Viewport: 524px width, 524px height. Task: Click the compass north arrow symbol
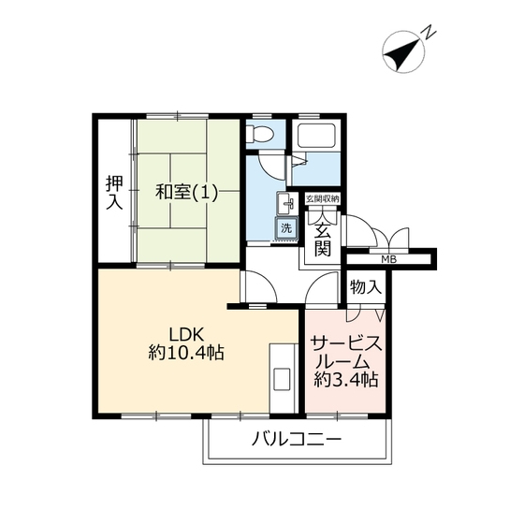403,51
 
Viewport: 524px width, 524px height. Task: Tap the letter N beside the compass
429,33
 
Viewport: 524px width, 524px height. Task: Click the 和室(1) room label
186,193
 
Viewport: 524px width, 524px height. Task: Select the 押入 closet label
114,193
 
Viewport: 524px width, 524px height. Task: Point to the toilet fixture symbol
261,134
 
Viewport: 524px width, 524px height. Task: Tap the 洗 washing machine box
286,228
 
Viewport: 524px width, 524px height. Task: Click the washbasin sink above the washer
286,204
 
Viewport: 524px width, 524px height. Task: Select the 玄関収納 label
323,199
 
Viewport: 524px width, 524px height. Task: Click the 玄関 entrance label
323,239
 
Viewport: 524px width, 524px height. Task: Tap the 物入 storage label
366,286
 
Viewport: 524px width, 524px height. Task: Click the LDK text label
186,333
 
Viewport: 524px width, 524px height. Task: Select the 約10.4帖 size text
186,353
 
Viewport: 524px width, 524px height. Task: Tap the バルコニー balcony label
297,439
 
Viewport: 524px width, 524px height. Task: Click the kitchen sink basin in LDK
282,379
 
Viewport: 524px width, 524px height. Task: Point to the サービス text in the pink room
346,344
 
